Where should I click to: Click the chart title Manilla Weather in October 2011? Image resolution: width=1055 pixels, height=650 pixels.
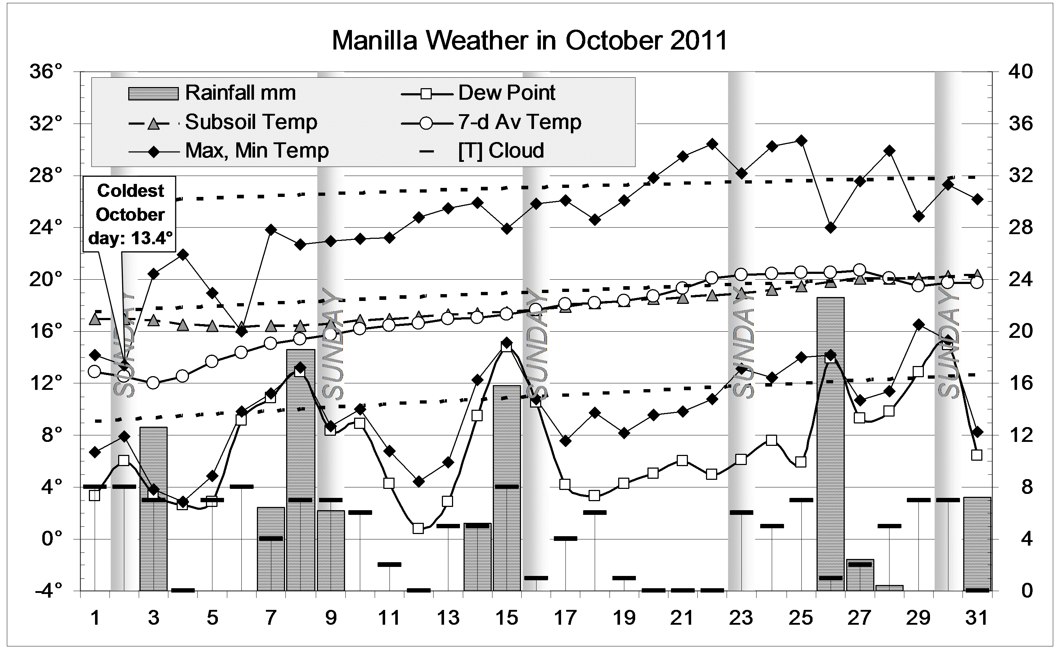(529, 41)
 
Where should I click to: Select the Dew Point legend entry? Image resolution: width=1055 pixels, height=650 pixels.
(478, 93)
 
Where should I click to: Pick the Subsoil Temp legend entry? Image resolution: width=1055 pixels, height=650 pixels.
(223, 122)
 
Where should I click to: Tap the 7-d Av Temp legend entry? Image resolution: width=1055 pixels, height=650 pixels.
(491, 122)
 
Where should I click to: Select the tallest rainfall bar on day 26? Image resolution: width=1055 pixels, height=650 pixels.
(830, 443)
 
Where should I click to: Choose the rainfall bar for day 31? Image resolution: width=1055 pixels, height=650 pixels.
(977, 543)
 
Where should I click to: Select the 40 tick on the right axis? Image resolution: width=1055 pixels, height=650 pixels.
(1020, 72)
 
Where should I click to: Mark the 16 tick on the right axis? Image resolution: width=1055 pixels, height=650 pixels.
(1020, 383)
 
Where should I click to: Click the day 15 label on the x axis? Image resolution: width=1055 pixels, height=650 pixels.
(507, 618)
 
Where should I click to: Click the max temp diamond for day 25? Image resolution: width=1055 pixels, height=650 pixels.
(801, 141)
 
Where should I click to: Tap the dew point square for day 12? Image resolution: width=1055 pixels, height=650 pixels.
(418, 528)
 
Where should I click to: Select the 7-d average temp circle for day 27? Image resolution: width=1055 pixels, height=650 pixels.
(860, 270)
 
